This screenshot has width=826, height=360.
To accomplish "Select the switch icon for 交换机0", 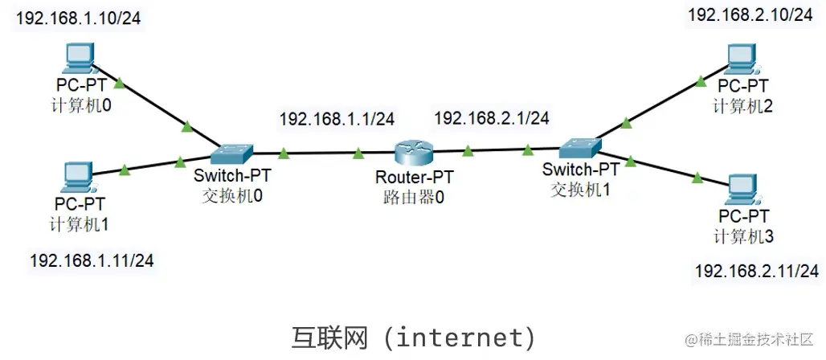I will coord(232,152).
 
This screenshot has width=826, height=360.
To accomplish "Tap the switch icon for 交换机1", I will coord(580,148).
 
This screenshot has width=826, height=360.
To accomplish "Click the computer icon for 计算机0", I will coord(79,59).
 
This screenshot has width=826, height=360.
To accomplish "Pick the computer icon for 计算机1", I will coord(79,175).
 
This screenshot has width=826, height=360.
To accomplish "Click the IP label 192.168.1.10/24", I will coord(79,18).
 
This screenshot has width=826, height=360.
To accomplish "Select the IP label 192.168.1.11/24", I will coord(92,260).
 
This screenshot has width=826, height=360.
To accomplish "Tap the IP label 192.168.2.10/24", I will coord(750,15).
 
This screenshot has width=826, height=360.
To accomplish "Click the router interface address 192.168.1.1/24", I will coord(337,120).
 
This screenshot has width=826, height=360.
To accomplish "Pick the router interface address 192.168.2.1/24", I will coord(492,118).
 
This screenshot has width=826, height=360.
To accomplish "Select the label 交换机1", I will coord(580,190).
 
